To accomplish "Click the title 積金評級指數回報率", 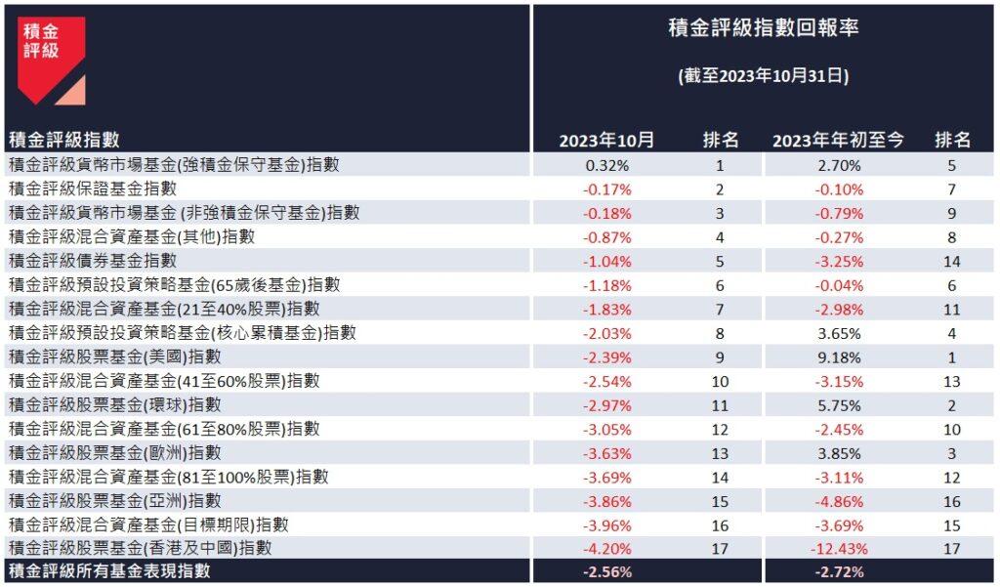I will click(764, 27).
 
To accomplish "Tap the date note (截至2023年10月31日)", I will click(764, 76).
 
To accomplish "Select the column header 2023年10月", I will click(606, 141).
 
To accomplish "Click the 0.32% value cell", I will click(606, 165).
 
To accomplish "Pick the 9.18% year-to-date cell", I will click(840, 357).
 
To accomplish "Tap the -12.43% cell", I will click(840, 549).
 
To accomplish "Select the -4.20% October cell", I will click(606, 549).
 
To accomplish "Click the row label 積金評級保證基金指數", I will click(93, 189).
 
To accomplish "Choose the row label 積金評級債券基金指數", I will click(93, 261).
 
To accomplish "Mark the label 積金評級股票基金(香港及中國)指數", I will click(140, 548).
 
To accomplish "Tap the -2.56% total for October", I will click(606, 572).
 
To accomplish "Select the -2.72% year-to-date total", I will click(840, 572).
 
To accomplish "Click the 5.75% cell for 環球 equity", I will click(840, 405).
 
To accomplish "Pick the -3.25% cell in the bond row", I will click(840, 262).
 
